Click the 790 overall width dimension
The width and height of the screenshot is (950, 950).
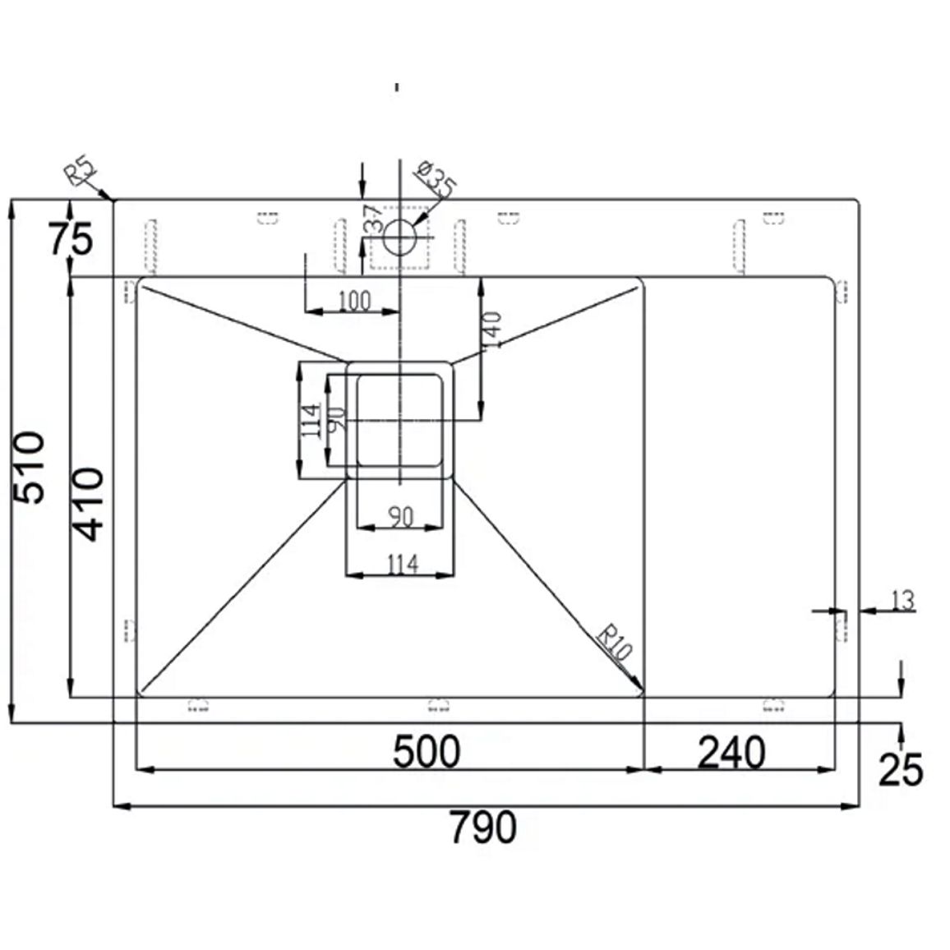click(x=483, y=827)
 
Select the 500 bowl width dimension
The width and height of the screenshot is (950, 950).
click(x=427, y=752)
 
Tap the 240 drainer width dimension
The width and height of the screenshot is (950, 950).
click(x=732, y=753)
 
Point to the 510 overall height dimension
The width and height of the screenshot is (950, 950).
click(x=29, y=467)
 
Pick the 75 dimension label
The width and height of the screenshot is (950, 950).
click(x=71, y=238)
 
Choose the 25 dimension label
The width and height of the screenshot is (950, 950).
click(x=901, y=770)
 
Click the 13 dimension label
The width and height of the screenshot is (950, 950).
click(x=902, y=601)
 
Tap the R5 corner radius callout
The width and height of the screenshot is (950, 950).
click(x=81, y=172)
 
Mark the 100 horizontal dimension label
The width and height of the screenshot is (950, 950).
click(x=354, y=301)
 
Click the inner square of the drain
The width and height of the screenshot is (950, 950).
click(x=400, y=421)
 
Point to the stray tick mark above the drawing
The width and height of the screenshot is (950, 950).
click(x=398, y=87)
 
